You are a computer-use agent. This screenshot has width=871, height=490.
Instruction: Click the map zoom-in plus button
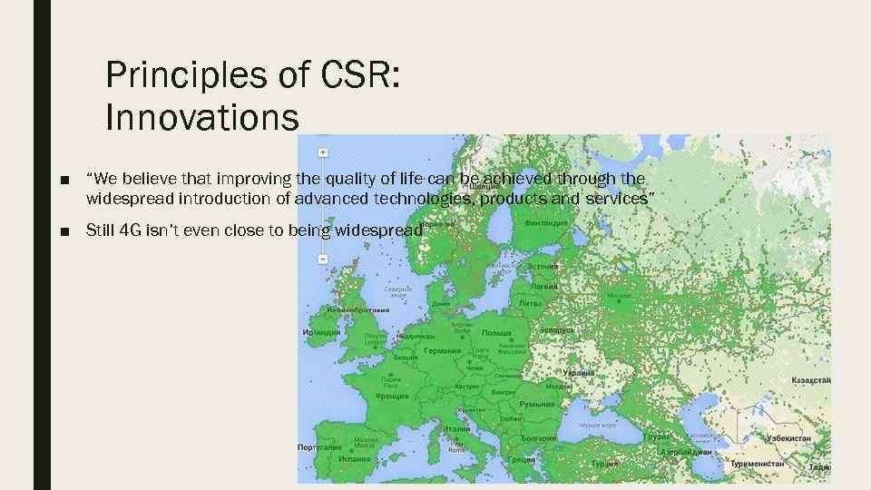coord(323,152)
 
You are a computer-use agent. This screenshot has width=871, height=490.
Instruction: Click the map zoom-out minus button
coord(323,259)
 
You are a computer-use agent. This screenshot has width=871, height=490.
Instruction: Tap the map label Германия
coord(443,350)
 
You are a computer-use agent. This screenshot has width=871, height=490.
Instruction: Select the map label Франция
coord(393,397)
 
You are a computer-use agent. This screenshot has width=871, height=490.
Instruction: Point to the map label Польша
coord(496,333)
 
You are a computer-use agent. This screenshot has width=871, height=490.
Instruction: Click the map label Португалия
coord(320,447)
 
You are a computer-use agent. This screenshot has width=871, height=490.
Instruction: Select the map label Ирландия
coord(321,332)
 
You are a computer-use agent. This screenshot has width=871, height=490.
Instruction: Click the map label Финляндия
coord(547,222)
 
